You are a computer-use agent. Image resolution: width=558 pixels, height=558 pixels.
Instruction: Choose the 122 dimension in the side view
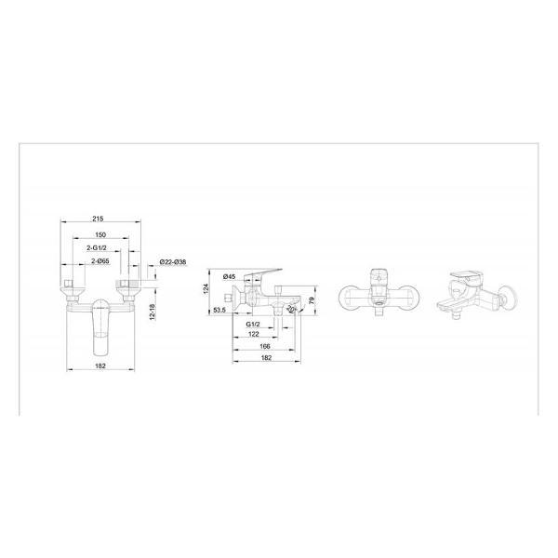(254, 334)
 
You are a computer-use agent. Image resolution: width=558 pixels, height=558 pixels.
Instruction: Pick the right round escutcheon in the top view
(403, 296)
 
